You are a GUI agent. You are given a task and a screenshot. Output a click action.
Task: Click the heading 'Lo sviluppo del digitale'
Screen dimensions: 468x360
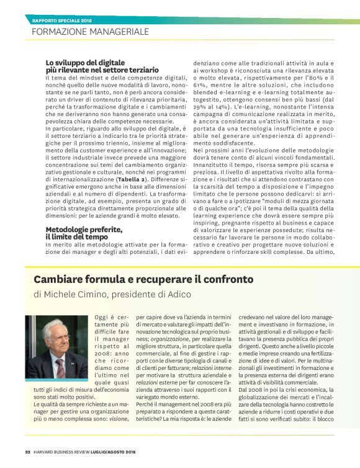(85, 63)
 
